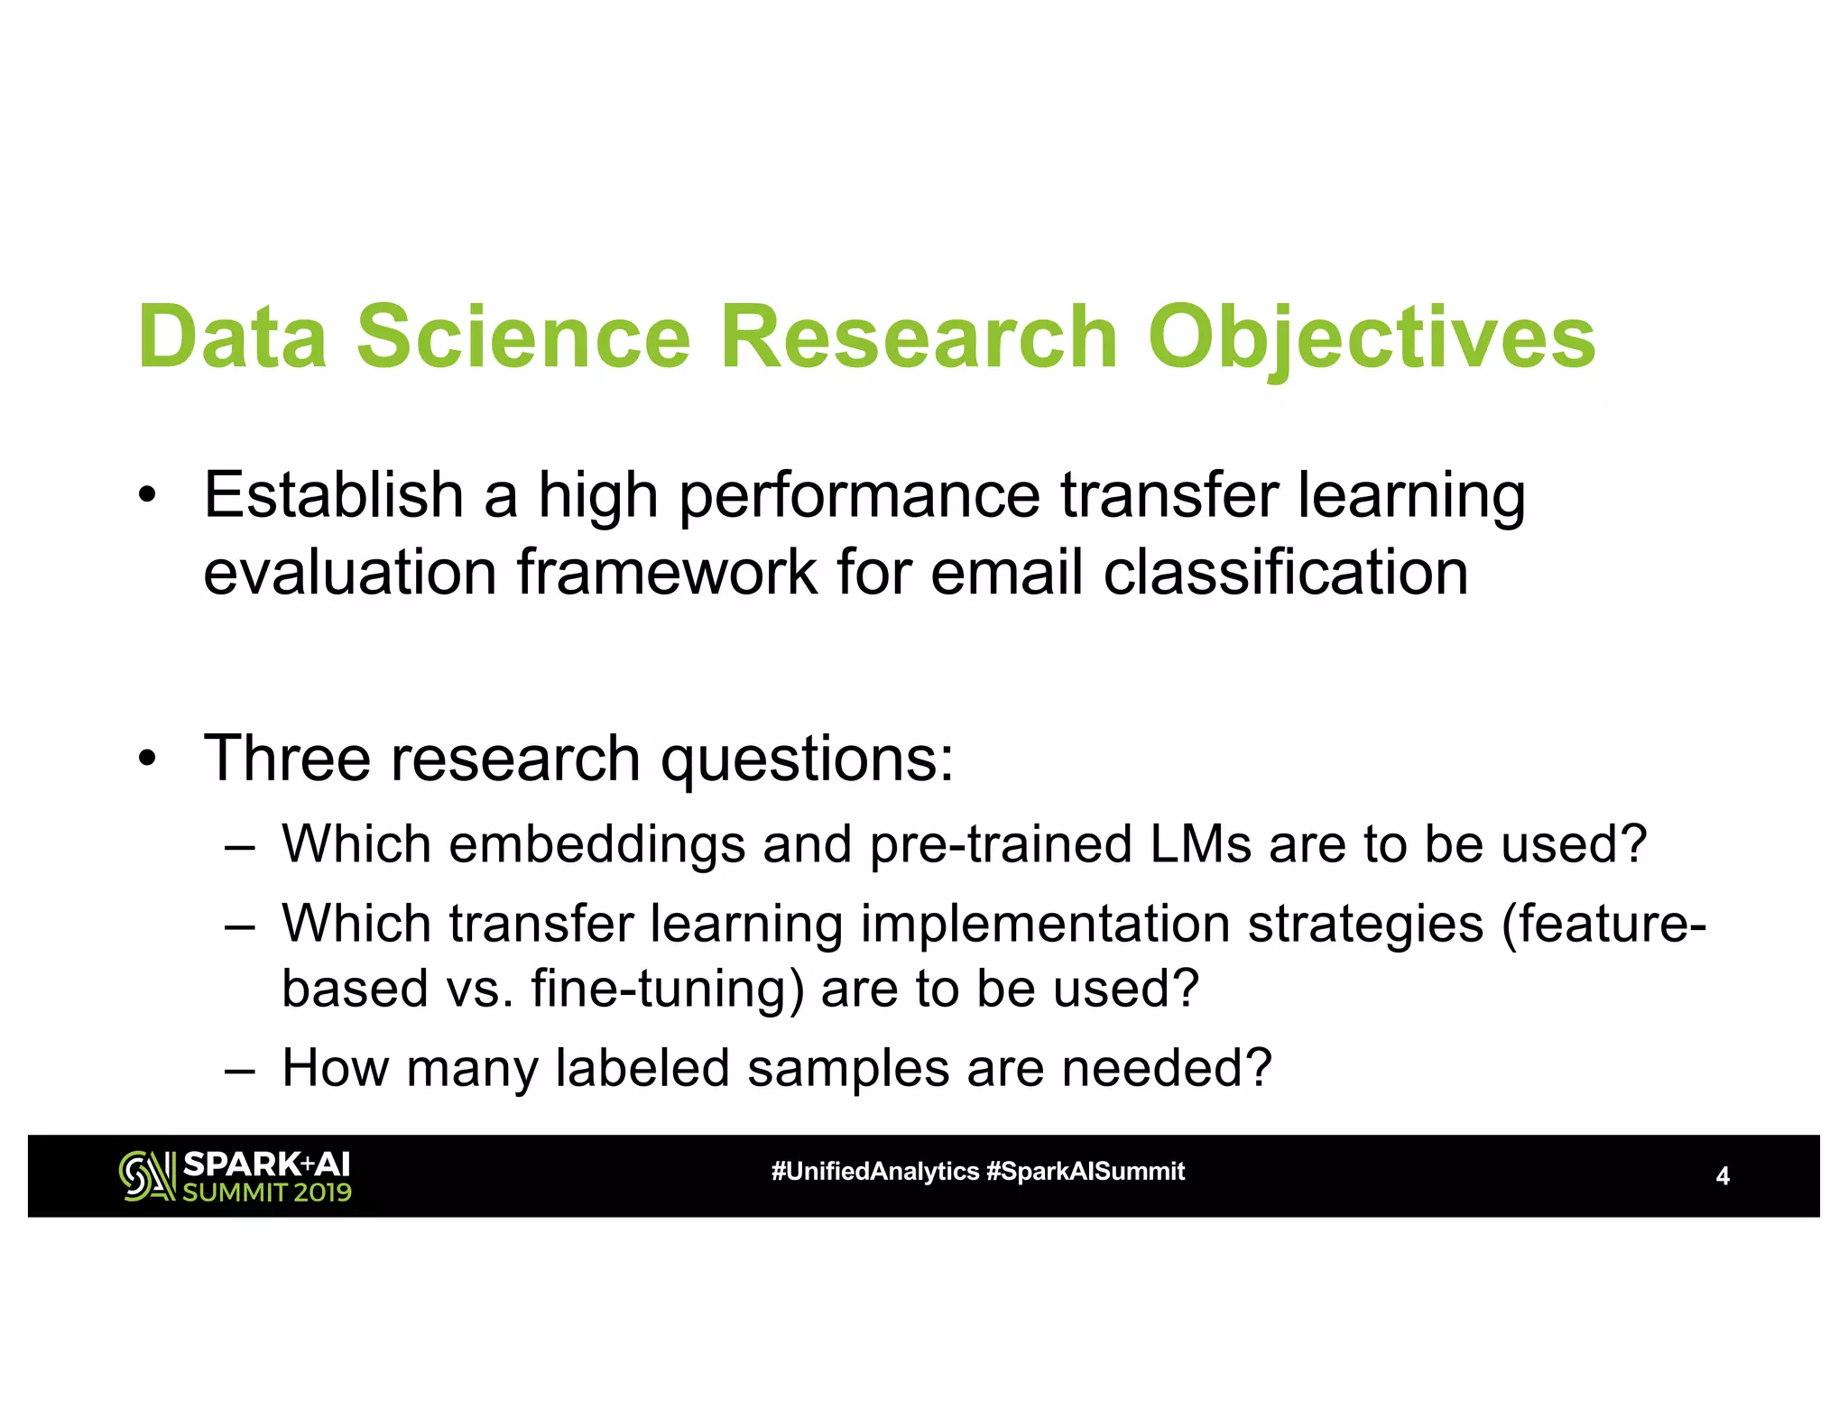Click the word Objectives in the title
(x=1371, y=337)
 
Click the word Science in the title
(x=523, y=337)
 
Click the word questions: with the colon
(x=807, y=760)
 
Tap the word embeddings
(x=596, y=844)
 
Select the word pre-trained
(x=1001, y=844)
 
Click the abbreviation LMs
(x=1200, y=844)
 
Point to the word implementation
(x=1045, y=924)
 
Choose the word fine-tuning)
(x=667, y=989)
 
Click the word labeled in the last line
(x=642, y=1068)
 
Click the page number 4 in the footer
(x=1722, y=1176)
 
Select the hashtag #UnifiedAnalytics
(x=874, y=1172)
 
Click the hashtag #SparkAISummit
(x=1086, y=1172)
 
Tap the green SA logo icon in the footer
(x=147, y=1175)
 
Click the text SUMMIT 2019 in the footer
(x=267, y=1192)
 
